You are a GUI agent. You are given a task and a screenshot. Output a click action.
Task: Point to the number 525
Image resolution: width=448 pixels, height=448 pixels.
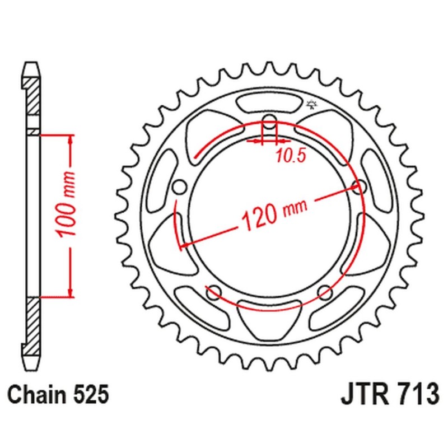[89, 395]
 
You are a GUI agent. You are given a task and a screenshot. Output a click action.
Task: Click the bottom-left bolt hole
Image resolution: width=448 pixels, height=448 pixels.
[213, 291]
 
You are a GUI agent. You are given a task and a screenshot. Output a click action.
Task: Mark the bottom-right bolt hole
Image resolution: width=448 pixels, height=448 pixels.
[325, 291]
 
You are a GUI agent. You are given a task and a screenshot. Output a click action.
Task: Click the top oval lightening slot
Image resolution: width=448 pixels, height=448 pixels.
[269, 104]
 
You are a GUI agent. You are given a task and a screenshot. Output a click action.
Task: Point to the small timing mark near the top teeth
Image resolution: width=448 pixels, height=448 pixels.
[311, 104]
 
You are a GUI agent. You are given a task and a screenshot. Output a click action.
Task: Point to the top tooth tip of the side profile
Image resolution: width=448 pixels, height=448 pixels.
[33, 63]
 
